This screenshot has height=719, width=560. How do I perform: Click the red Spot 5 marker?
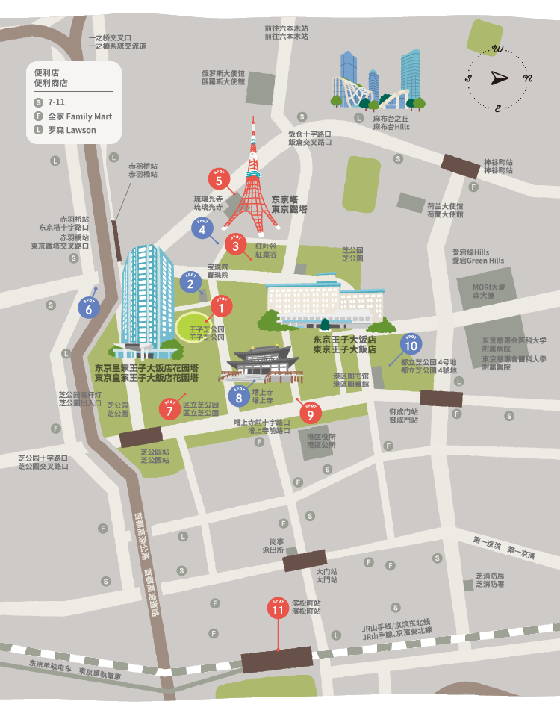[219, 180]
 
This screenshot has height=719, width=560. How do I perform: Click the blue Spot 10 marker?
[411, 344]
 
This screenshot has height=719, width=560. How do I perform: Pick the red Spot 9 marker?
[310, 411]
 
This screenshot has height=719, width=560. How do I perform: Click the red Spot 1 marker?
[221, 305]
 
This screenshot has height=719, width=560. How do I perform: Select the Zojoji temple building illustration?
[258, 366]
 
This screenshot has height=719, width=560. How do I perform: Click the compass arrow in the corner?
[499, 78]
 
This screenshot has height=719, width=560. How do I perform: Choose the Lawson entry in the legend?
[71, 130]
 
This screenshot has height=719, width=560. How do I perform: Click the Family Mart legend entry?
[78, 116]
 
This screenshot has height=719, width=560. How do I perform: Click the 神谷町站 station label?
[498, 166]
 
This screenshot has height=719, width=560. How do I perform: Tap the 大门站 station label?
[326, 575]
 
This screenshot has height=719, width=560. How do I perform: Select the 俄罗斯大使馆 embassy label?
[223, 78]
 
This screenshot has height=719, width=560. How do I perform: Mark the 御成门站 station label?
[403, 415]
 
